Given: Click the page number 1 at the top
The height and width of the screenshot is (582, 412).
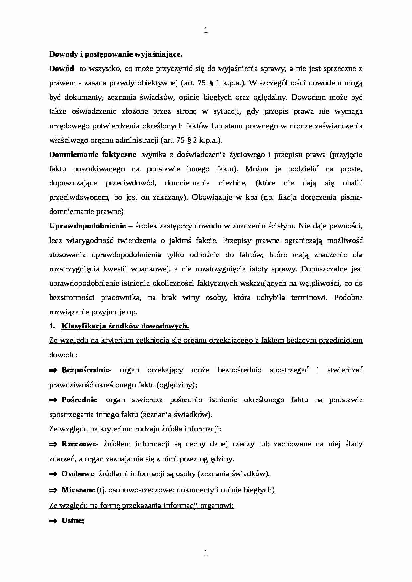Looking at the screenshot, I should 205,30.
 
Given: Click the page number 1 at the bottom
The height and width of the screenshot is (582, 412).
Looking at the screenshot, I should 205,553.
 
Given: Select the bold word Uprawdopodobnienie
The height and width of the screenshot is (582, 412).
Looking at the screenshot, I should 87,226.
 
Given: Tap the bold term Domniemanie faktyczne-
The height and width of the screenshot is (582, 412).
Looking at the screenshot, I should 93,154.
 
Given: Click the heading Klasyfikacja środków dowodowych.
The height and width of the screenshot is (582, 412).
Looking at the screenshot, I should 125,326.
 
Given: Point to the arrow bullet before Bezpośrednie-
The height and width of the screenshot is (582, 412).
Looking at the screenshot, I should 53,370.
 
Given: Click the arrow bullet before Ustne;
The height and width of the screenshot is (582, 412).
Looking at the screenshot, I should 53,521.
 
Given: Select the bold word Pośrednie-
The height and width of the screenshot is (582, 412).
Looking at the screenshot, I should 80,400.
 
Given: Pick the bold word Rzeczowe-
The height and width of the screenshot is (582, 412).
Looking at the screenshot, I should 79,444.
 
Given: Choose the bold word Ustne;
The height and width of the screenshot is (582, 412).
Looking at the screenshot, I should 73,521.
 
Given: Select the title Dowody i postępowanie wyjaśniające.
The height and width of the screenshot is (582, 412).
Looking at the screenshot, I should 116,54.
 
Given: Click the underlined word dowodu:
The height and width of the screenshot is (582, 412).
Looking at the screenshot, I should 63,355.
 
